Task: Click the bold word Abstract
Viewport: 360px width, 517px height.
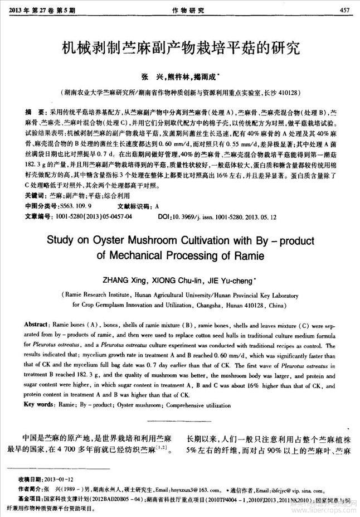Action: point(36,324)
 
